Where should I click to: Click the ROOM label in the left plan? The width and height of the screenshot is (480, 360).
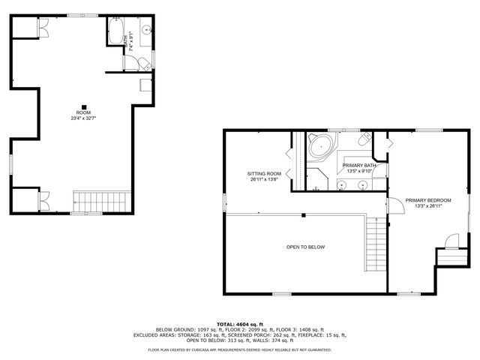pyautogui.click(x=83, y=112)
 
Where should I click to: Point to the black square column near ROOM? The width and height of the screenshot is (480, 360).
pyautogui.click(x=84, y=106)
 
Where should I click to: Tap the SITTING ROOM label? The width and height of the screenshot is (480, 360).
pyautogui.click(x=264, y=173)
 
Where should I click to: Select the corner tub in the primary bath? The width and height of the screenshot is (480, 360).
pyautogui.click(x=320, y=145)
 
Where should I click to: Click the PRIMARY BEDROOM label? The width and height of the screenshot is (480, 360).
pyautogui.click(x=428, y=200)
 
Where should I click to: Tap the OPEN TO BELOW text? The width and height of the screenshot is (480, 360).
pyautogui.click(x=305, y=247)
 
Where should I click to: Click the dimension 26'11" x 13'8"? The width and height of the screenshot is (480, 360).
pyautogui.click(x=264, y=179)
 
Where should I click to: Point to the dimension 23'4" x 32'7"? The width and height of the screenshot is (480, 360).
pyautogui.click(x=83, y=118)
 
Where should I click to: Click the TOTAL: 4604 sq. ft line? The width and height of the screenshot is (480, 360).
pyautogui.click(x=239, y=323)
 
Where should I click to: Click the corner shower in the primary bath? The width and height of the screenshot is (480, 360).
pyautogui.click(x=318, y=178)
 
